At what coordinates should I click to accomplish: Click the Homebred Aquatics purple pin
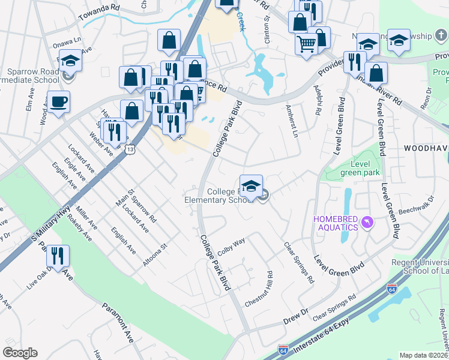point(367,223)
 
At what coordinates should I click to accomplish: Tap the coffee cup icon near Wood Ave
point(58,101)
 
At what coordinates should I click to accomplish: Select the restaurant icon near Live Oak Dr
point(58,256)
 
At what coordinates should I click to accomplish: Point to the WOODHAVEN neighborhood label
point(426,148)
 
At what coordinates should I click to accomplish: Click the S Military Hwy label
point(52,223)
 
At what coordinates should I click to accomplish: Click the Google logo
point(20,353)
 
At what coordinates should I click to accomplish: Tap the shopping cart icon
point(306,44)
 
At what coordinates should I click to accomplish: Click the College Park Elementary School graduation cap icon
point(251,185)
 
